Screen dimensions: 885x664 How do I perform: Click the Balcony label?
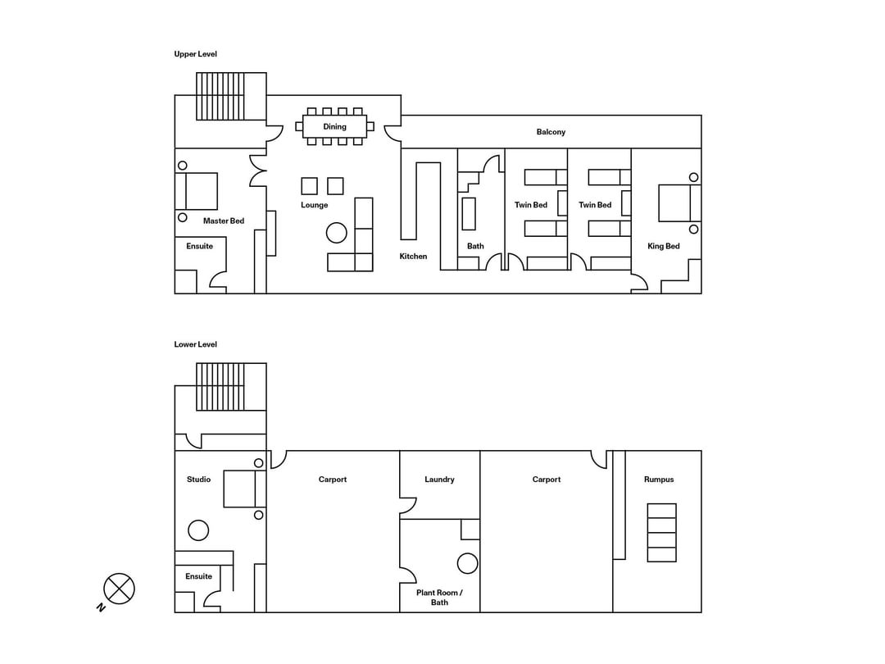click(551, 131)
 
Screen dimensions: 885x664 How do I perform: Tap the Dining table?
click(334, 126)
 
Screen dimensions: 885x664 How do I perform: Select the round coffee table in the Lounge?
click(337, 232)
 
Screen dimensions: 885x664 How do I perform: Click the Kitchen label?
click(413, 257)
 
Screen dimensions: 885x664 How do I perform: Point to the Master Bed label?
click(224, 221)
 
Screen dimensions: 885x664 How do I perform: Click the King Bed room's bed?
click(679, 202)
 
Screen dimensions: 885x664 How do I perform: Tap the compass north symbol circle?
click(119, 589)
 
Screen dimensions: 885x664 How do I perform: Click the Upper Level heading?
click(195, 54)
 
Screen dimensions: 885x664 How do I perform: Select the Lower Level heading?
click(195, 344)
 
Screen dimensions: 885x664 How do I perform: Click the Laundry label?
click(439, 480)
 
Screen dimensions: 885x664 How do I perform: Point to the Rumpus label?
click(659, 480)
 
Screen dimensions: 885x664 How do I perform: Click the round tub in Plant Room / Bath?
click(467, 563)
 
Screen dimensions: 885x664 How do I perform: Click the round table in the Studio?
click(198, 530)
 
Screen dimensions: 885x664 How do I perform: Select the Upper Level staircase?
click(220, 96)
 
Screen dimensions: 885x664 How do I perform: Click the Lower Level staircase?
click(220, 386)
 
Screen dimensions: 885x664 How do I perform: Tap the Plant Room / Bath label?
click(439, 598)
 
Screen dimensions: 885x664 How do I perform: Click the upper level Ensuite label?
click(199, 246)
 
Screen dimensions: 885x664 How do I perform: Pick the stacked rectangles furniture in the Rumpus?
click(661, 533)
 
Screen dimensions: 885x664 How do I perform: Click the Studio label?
click(198, 480)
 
